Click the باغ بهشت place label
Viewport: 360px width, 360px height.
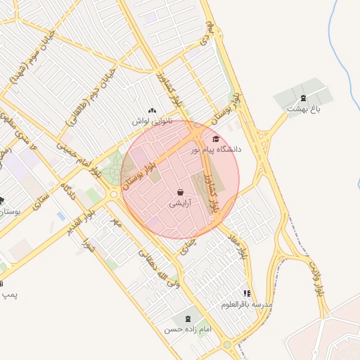(304, 109)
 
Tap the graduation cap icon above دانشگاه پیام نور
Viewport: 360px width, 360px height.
(215, 139)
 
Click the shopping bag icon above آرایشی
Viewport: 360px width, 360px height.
(181, 192)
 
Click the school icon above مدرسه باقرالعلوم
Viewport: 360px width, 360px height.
(247, 293)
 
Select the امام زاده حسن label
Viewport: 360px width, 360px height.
(188, 328)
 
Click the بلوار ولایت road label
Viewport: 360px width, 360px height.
(316, 278)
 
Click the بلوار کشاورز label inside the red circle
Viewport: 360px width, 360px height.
(209, 193)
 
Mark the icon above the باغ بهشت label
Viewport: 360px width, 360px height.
(303, 98)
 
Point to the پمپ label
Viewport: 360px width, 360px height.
(9, 293)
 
